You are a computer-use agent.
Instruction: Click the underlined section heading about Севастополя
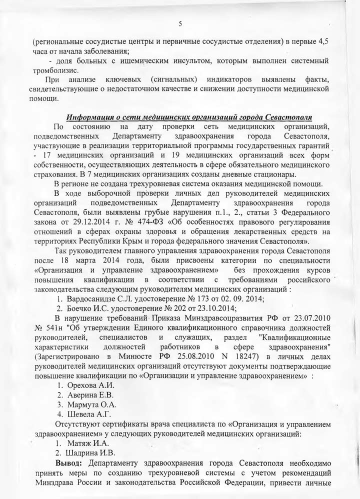pyautogui.click(x=190, y=117)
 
